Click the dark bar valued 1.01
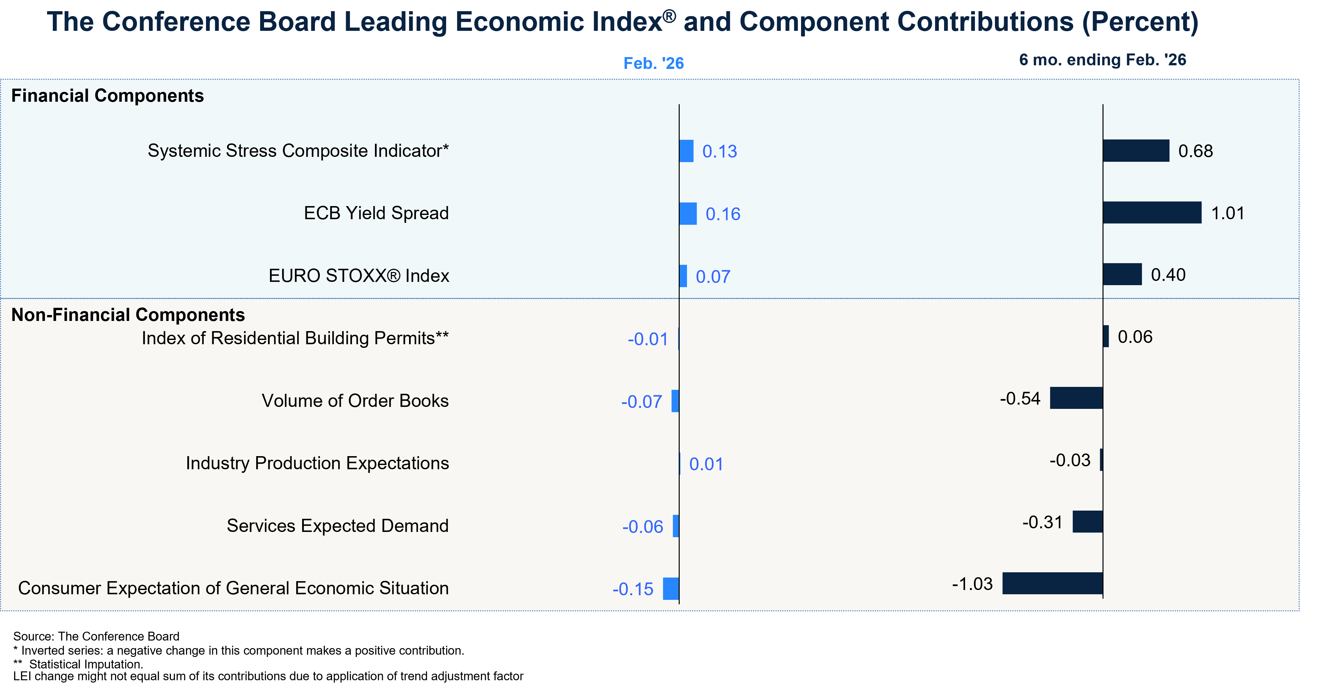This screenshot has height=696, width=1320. pos(1152,213)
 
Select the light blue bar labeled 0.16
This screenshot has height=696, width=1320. pos(688,214)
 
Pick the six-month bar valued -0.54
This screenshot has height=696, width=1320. pos(1076,398)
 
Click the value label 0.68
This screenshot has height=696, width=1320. pos(1195,151)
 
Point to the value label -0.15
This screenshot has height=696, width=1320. pos(633,589)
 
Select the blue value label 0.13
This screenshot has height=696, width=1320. pos(719,152)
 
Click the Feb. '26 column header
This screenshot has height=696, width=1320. pos(653,63)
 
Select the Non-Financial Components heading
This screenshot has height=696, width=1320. pos(128,315)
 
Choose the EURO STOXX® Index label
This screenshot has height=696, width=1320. pos(359,276)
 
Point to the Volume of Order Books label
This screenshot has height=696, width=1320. pos(355,401)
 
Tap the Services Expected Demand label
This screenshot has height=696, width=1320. pos(338,526)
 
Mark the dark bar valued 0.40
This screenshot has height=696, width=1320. pos(1122,274)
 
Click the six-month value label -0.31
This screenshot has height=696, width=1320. pos(1042,522)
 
